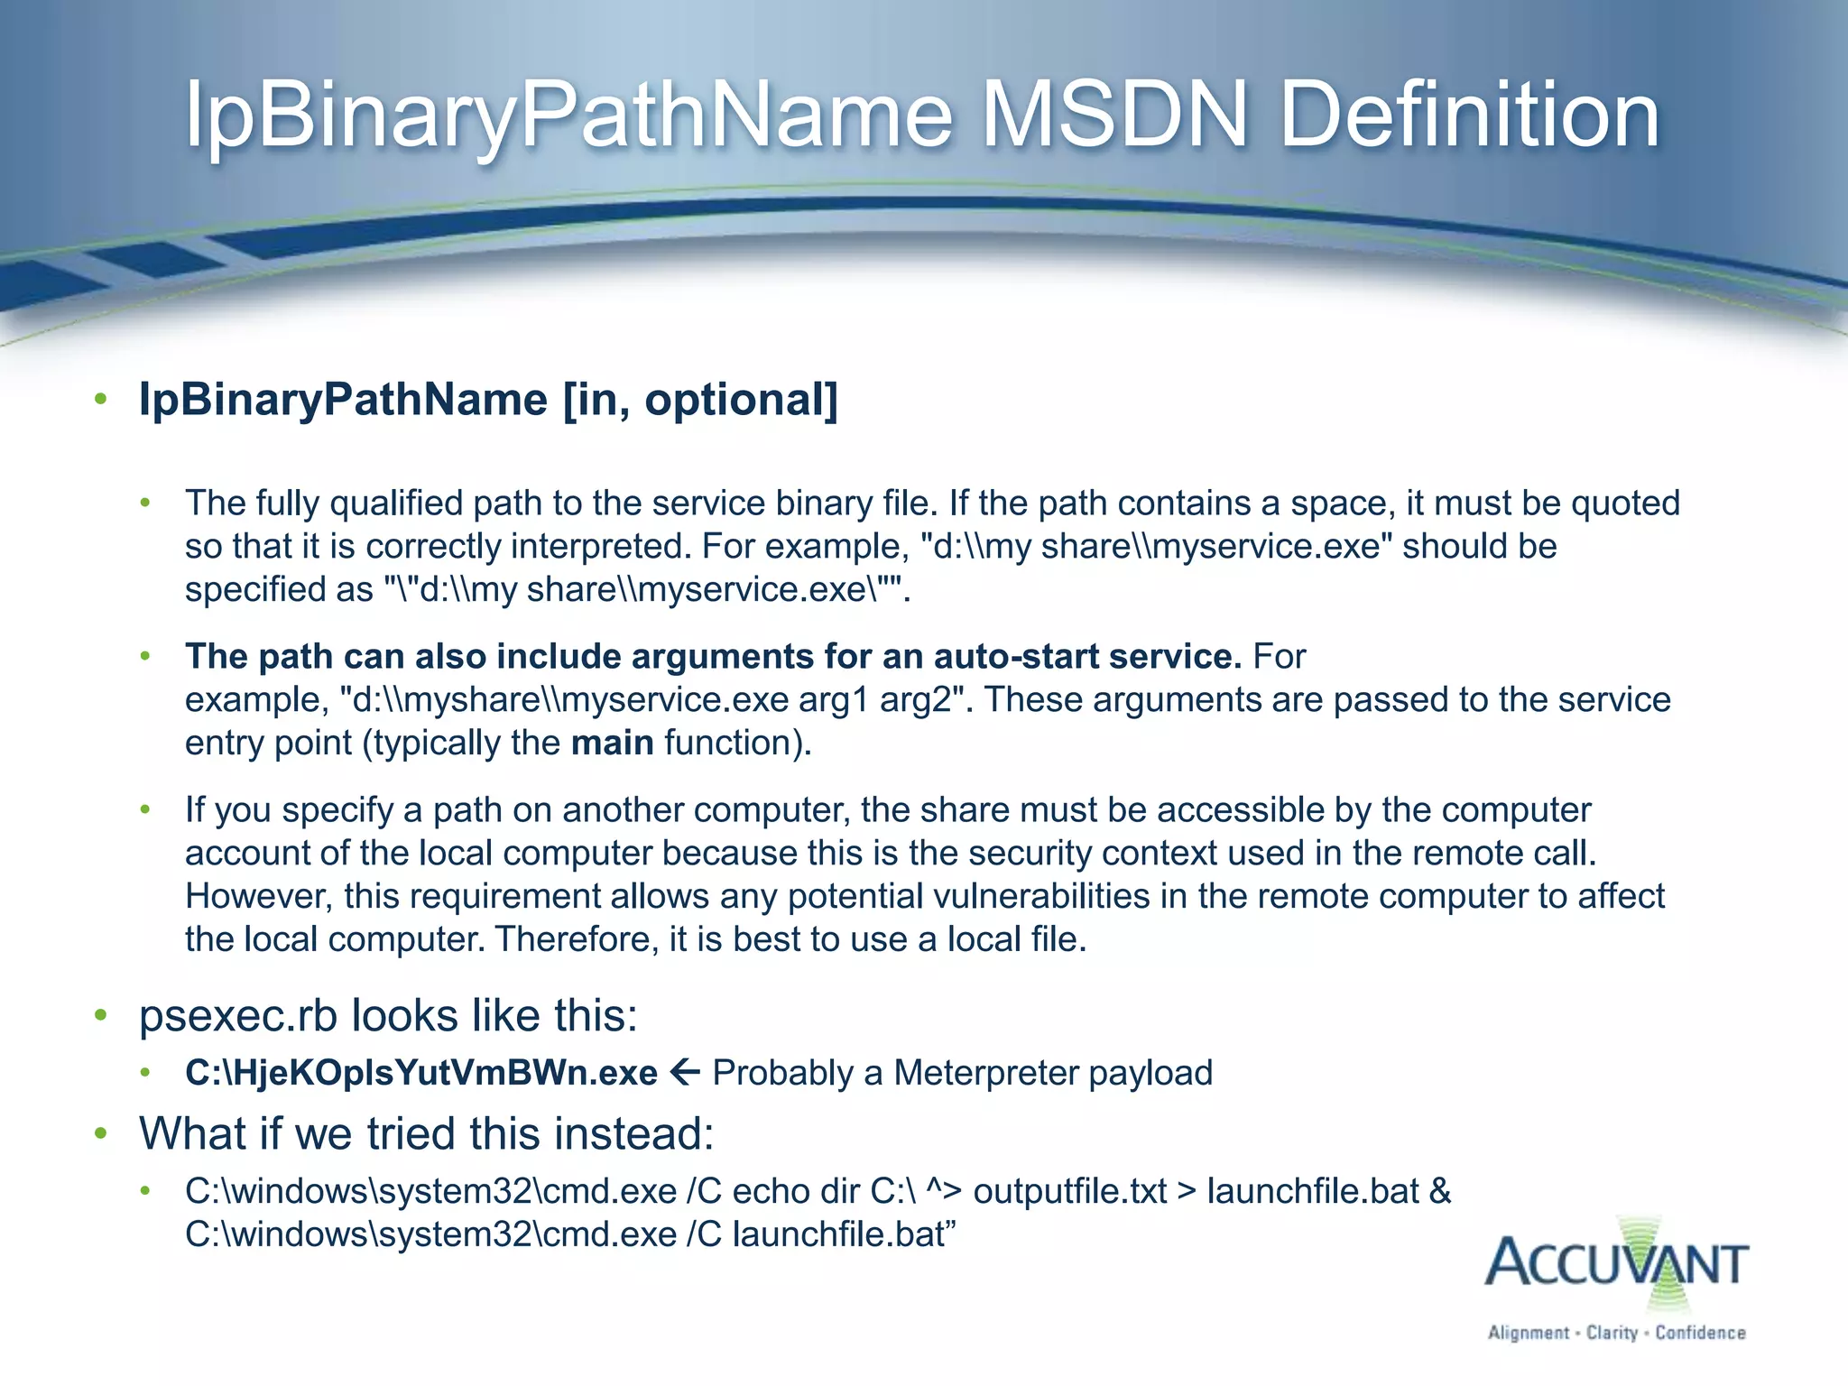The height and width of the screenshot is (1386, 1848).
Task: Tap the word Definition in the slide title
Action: tap(1469, 115)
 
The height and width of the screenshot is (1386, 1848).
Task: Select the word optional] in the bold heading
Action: tap(741, 399)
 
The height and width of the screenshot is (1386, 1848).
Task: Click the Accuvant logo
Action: tap(1615, 1263)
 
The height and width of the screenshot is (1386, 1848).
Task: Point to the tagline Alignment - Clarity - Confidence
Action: tap(1616, 1333)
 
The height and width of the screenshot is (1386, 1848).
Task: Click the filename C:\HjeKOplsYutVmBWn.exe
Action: tap(421, 1073)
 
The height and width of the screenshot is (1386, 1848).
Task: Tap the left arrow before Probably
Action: tap(685, 1072)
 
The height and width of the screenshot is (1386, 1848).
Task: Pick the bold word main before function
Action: tap(613, 743)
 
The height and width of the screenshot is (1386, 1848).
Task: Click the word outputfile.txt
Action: tap(1070, 1191)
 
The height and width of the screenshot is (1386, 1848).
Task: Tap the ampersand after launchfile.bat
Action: tap(1440, 1191)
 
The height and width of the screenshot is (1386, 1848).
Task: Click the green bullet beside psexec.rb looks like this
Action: tap(101, 1016)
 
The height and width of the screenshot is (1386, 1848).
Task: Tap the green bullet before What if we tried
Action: tap(101, 1133)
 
